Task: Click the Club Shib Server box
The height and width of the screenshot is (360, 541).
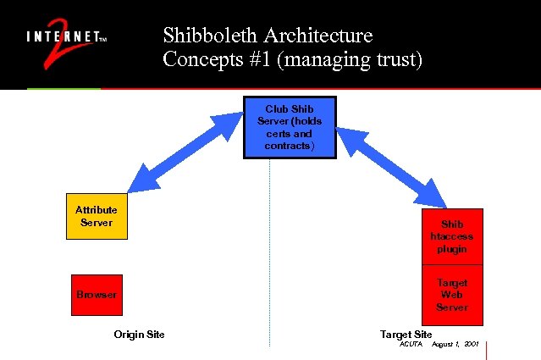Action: click(x=290, y=127)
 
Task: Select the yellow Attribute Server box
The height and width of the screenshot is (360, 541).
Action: click(x=97, y=216)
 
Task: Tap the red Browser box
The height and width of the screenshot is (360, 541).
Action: click(x=97, y=295)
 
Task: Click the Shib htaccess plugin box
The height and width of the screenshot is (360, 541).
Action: click(x=451, y=237)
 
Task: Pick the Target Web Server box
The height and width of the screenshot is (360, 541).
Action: click(x=451, y=295)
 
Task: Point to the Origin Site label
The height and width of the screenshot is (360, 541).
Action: click(x=139, y=335)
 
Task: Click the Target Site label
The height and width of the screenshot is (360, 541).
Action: click(x=406, y=335)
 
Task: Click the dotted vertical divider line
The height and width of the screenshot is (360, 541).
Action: click(x=270, y=254)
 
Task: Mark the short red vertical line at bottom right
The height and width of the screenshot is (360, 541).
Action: click(x=487, y=350)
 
